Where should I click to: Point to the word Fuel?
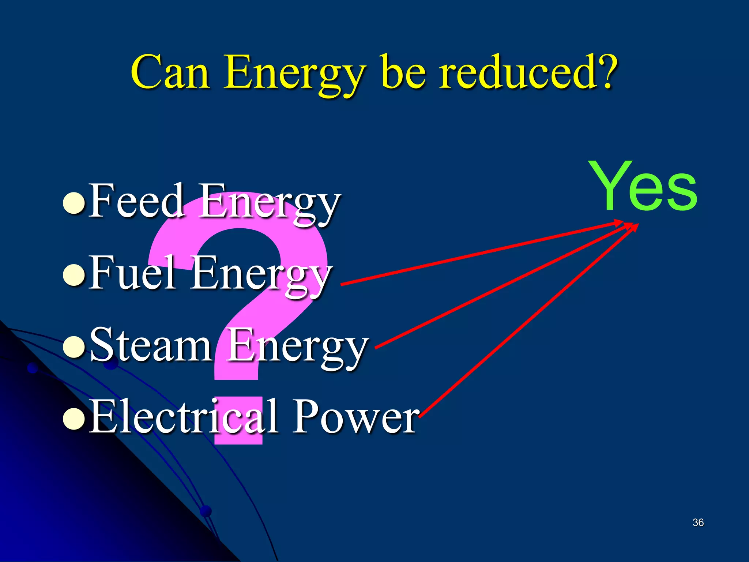click(x=132, y=273)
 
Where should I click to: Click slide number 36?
click(x=698, y=522)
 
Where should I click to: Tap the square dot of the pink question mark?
click(x=238, y=421)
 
